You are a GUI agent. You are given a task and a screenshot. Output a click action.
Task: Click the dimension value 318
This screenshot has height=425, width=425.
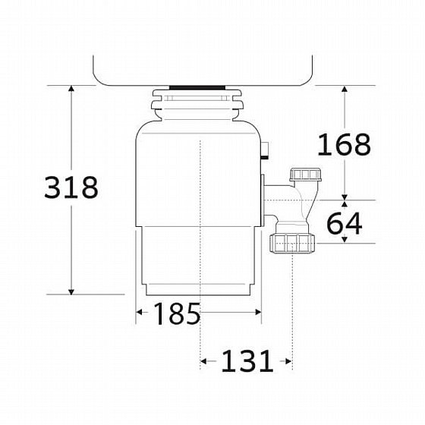[71, 187]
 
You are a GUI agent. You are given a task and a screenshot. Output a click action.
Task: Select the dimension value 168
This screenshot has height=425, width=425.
[344, 144]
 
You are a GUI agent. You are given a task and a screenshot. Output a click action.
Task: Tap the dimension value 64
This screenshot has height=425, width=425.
[345, 224]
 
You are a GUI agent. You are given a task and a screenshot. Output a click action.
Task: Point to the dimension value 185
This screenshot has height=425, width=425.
[177, 313]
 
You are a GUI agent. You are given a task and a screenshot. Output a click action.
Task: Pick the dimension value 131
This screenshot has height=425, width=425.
[247, 361]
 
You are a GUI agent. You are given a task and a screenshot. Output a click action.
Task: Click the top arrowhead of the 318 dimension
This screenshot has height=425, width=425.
[71, 88]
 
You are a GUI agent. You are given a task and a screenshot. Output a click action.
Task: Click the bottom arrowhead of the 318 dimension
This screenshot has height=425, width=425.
[71, 291]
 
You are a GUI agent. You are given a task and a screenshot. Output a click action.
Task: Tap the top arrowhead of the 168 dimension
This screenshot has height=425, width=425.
[345, 89]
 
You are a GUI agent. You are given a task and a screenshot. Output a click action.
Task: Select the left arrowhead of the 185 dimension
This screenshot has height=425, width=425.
[139, 312]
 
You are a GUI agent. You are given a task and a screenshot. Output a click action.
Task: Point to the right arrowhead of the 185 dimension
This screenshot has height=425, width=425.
[258, 312]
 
